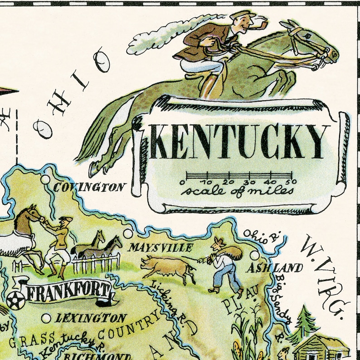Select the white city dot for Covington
coord(45,180)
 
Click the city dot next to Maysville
coord(127,234)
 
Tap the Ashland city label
coord(275,268)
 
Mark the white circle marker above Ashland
coord(255,255)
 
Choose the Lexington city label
coord(90,318)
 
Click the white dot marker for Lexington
coord(46,318)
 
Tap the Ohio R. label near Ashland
coord(263,236)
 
